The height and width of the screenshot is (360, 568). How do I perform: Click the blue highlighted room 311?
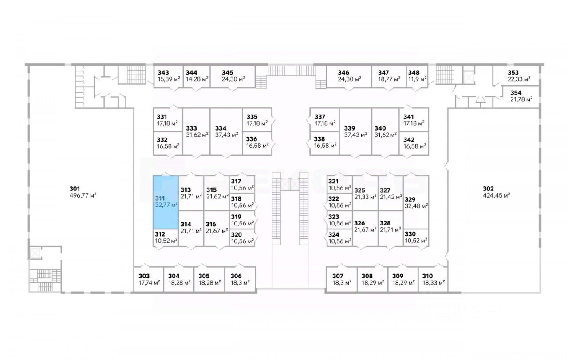coord(166,202)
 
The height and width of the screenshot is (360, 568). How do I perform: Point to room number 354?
coord(516,92)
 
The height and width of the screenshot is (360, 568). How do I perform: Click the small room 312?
coord(166,238)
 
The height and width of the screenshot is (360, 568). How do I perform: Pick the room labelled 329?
coord(416,202)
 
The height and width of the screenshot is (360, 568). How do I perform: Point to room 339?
coord(355,131)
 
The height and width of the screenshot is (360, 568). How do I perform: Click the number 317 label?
coord(236,181)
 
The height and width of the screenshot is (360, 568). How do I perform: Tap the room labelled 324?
coord(339,238)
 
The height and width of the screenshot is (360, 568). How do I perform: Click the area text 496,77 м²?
coord(83,195)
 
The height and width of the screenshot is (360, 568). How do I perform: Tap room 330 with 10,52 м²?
coord(416,238)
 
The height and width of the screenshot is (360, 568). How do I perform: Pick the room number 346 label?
coord(343,72)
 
